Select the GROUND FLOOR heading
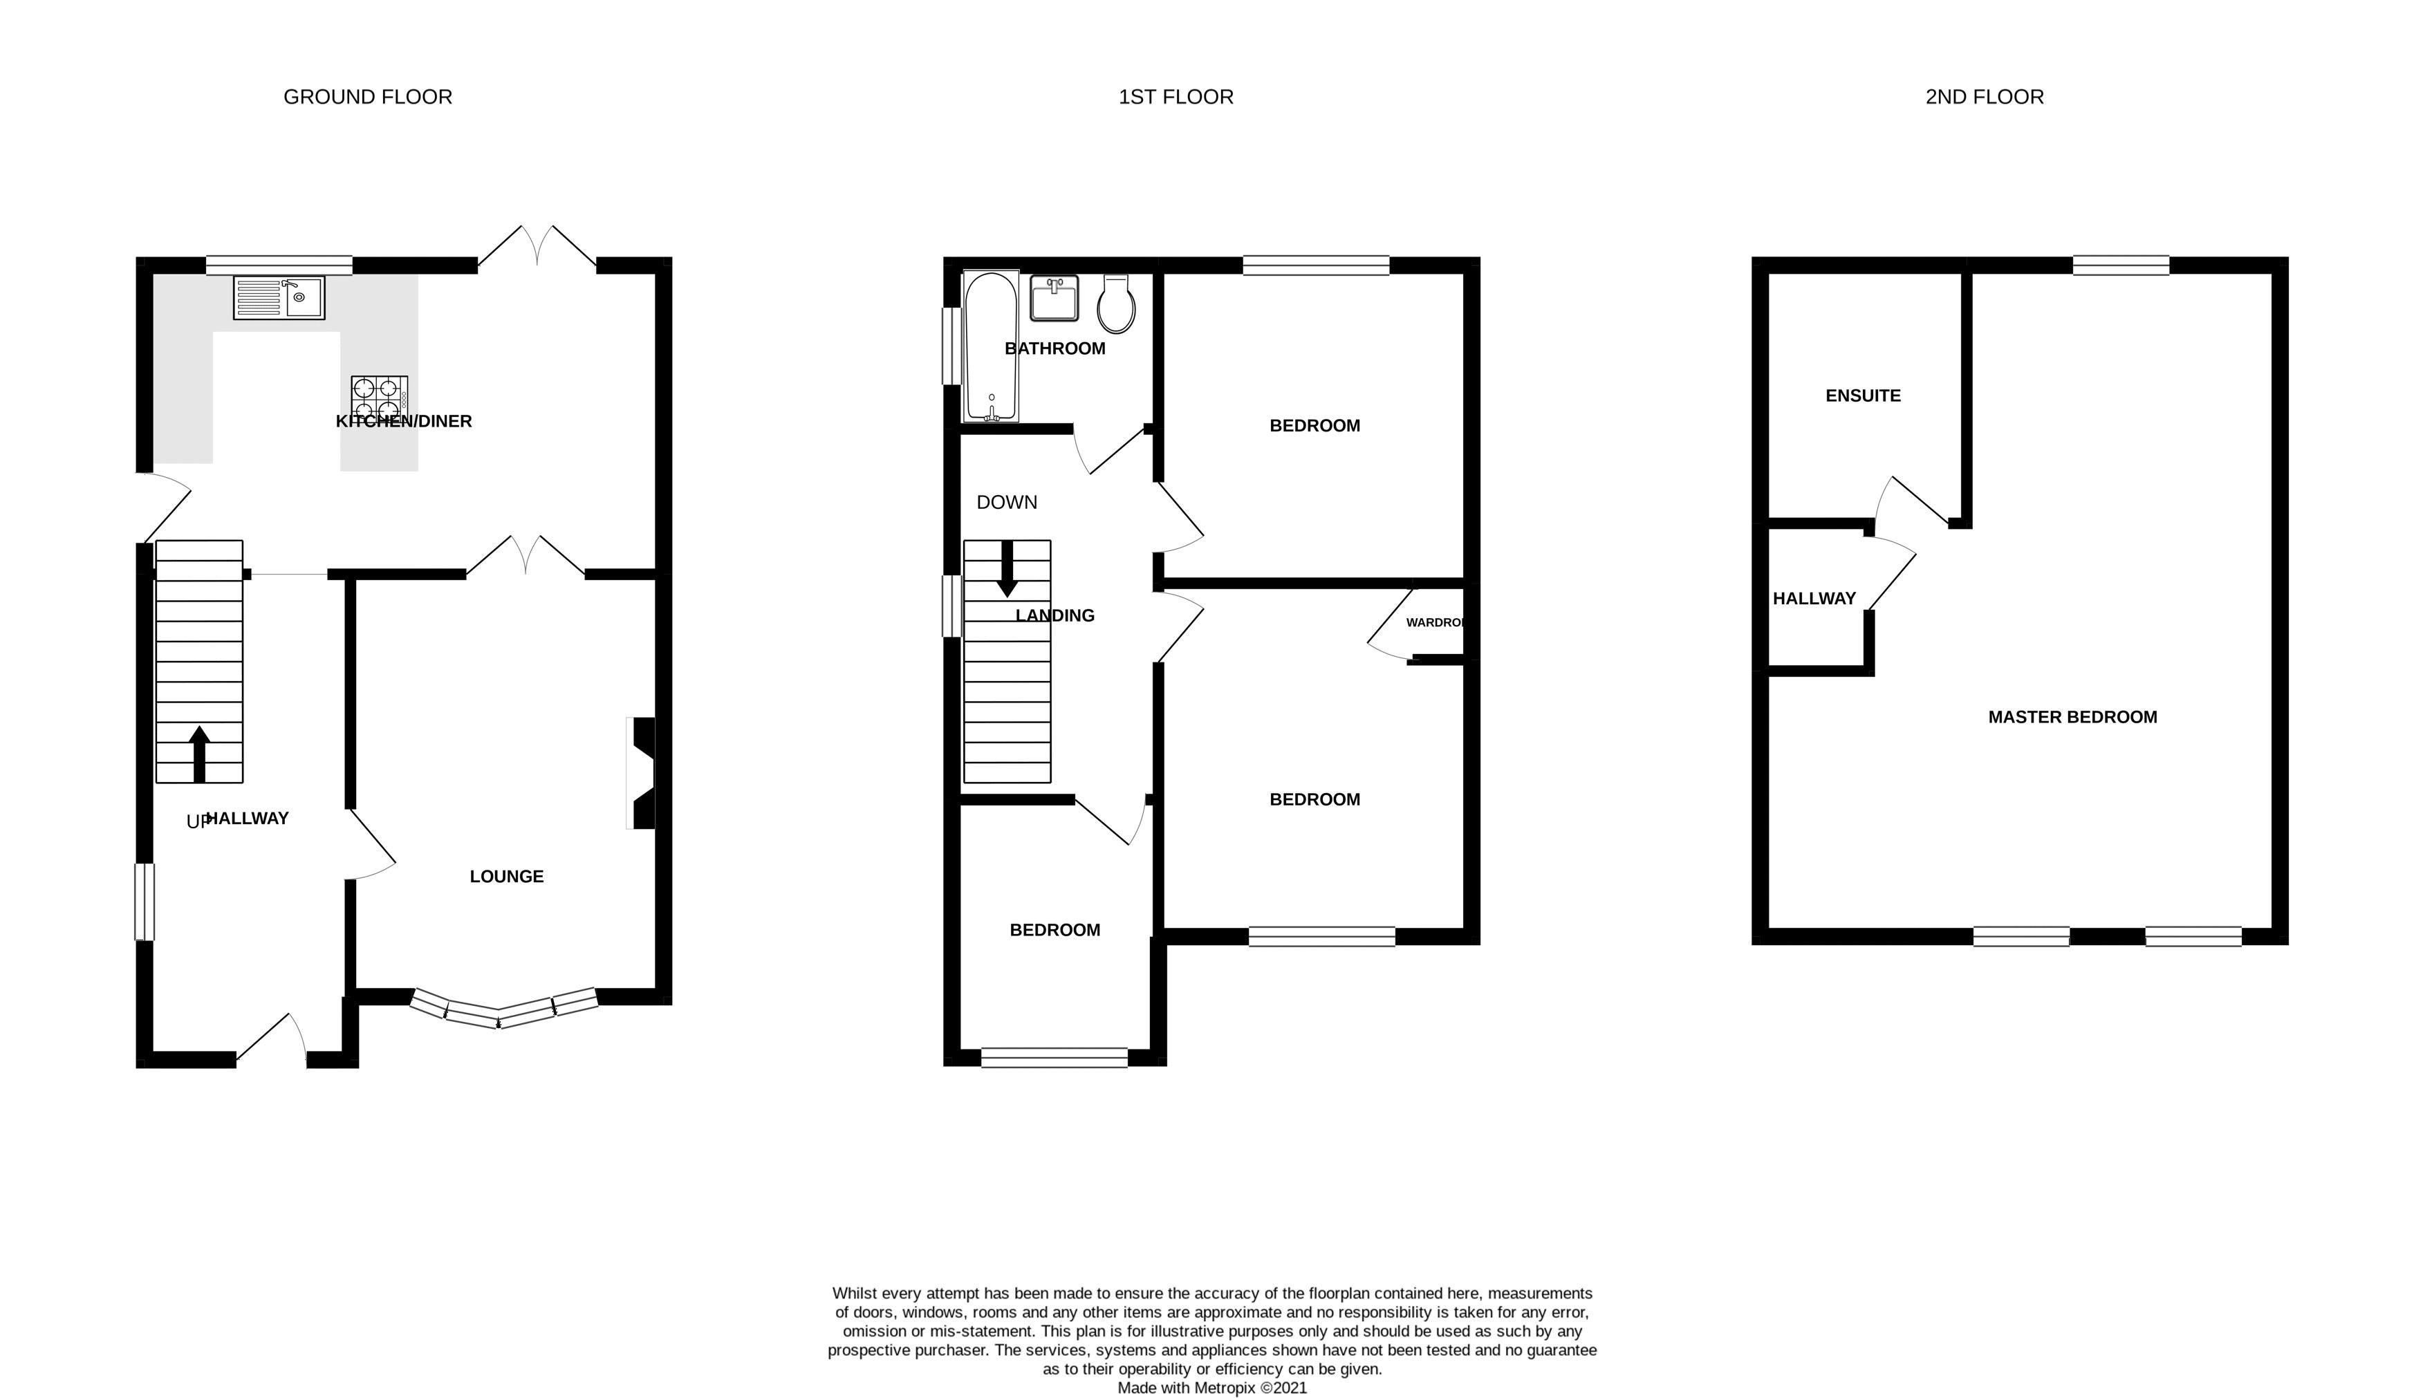368,97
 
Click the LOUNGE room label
506,877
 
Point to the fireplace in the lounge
641,773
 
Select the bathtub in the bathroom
991,346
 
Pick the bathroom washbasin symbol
1054,298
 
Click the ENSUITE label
1862,395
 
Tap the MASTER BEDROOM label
2072,717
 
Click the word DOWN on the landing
1006,502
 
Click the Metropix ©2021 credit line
1211,1388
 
